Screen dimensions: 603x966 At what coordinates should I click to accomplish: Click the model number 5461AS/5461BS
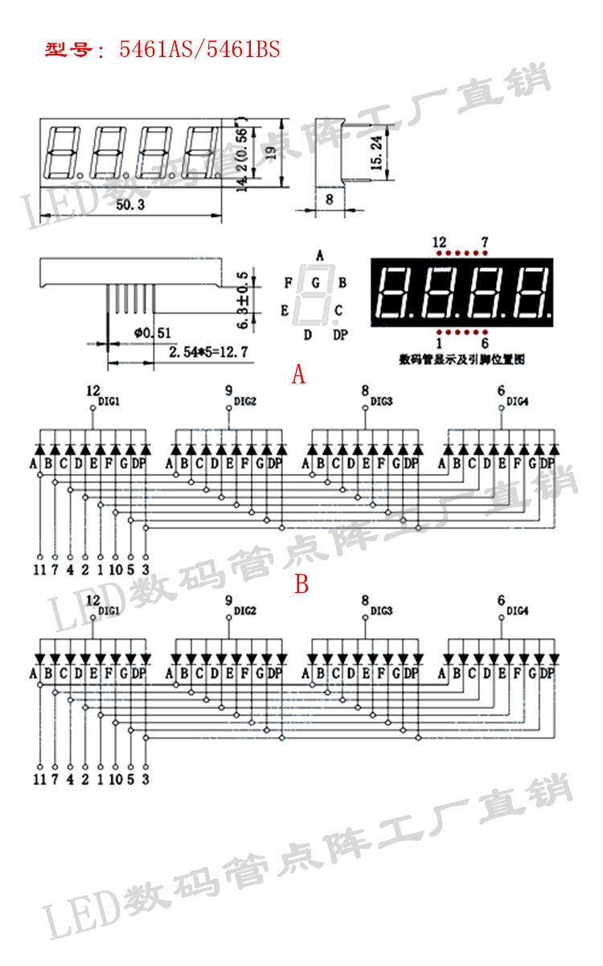(199, 50)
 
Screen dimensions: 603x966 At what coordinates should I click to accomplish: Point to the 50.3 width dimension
(129, 206)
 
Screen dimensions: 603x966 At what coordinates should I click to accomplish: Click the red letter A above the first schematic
(299, 374)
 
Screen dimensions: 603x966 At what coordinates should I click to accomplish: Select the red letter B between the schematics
(301, 584)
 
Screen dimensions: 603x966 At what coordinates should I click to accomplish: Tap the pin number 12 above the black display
(439, 242)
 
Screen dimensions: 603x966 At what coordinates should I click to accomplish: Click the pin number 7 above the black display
(484, 242)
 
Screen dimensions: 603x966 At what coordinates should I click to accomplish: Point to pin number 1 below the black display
(439, 342)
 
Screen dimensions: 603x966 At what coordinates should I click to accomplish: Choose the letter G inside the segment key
(316, 283)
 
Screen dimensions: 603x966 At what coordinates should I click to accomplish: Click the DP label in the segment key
(340, 334)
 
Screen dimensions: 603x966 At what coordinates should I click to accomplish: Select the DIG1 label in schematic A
(109, 401)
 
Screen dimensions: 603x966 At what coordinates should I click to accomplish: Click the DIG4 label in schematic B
(518, 612)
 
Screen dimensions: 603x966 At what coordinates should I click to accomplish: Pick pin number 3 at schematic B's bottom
(145, 779)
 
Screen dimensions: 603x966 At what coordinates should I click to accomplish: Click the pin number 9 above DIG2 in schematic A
(228, 391)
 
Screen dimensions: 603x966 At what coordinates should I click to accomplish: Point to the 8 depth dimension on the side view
(329, 198)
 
